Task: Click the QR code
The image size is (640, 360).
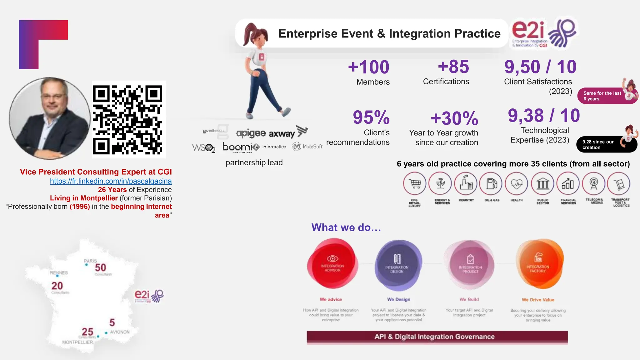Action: coord(128,120)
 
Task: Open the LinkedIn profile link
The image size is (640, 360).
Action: coord(111,181)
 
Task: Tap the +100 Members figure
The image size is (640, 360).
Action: coord(369,67)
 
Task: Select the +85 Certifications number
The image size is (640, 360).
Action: coord(453,67)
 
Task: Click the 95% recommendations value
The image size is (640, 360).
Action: coord(371,117)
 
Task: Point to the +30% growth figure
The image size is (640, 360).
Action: coord(454,118)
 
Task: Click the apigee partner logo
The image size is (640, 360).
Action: coord(251,133)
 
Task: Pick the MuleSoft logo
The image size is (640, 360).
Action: coord(307,146)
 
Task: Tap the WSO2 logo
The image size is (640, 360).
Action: coord(204,148)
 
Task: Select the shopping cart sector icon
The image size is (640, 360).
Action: coord(415,184)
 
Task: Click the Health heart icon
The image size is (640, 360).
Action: coord(517,184)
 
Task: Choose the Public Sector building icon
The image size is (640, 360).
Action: coord(542,184)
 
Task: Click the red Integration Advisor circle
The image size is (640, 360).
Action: coord(332,264)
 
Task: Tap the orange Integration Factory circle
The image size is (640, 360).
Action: coord(538,264)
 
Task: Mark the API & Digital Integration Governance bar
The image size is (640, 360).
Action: coord(437,337)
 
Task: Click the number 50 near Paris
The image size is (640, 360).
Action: coord(100,268)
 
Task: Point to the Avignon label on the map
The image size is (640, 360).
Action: coord(120,332)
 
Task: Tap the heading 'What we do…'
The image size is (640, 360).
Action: coord(346,227)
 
